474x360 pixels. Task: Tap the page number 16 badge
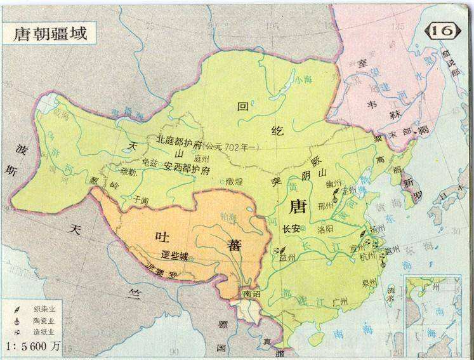(x=445, y=30)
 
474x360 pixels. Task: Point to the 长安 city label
(x=291, y=229)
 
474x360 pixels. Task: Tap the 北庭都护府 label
(x=179, y=138)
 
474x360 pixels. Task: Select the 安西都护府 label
(x=187, y=166)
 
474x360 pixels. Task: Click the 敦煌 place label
(x=236, y=181)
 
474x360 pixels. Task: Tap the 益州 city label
(x=287, y=257)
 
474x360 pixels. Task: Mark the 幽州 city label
(x=335, y=182)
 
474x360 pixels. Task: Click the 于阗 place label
(x=140, y=199)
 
